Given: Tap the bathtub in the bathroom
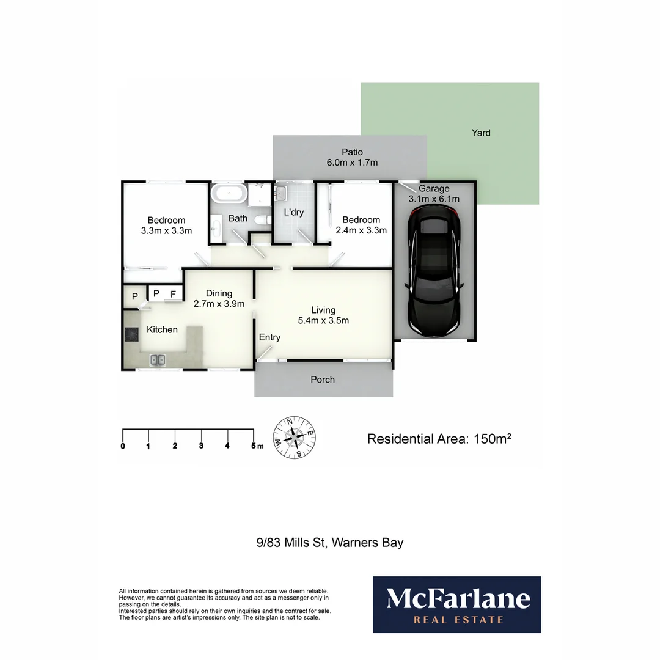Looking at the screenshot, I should click(x=229, y=194).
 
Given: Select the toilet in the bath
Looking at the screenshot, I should click(x=262, y=221).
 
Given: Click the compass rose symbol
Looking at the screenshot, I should click(x=295, y=437).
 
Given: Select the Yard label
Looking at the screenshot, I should click(x=481, y=133).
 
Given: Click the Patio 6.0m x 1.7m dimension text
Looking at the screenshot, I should click(x=352, y=163).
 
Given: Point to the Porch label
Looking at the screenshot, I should click(x=323, y=380).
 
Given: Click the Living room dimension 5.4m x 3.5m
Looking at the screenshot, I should click(x=323, y=320).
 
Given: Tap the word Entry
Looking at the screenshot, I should click(x=269, y=337).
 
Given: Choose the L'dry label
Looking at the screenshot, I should click(x=294, y=213).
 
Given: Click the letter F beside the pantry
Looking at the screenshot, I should click(x=173, y=294).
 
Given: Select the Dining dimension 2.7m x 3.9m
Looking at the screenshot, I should click(x=219, y=304).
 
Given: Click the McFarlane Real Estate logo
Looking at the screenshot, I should click(x=457, y=604).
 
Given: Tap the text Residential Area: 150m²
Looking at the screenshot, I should click(x=439, y=439).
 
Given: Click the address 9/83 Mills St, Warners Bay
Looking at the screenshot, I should click(x=330, y=542).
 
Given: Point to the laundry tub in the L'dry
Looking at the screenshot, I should click(x=280, y=194).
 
